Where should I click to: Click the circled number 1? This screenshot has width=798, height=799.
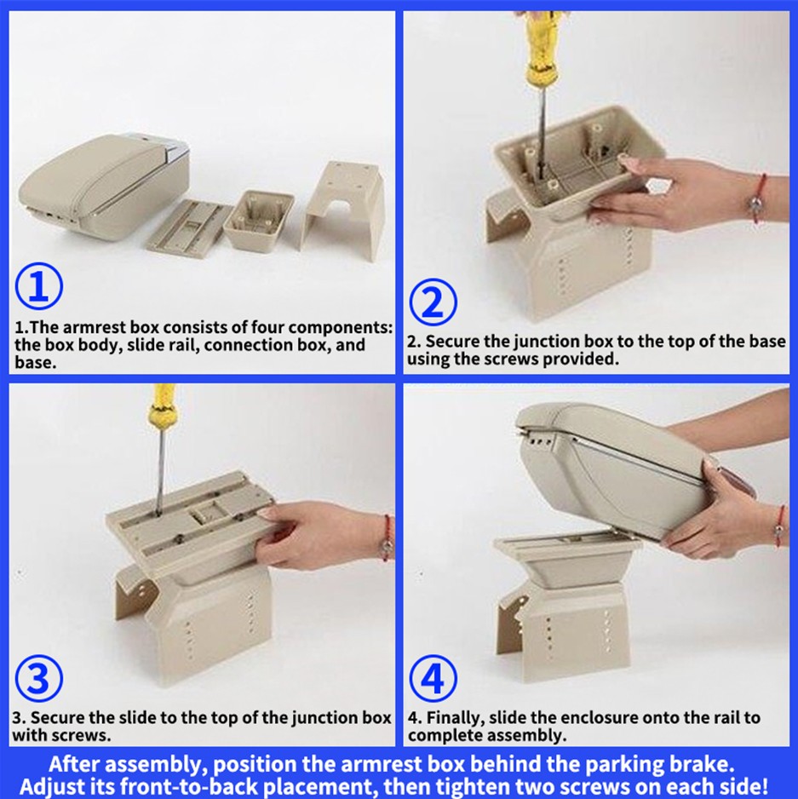coord(38,286)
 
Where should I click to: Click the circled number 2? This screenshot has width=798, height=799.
coord(433,302)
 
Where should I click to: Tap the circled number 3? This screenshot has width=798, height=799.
coord(38,678)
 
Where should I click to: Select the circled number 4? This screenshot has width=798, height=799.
coord(433,678)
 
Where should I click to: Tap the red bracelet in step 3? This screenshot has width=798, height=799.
coord(388,538)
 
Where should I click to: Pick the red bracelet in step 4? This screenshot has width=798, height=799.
coord(779,526)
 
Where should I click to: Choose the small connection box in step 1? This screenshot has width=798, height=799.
coord(258,220)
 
